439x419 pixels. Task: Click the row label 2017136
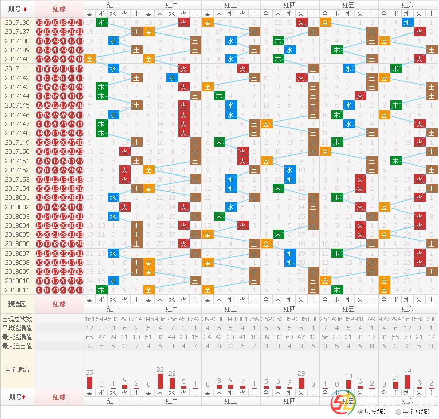[17, 23]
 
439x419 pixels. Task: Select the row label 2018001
[17, 198]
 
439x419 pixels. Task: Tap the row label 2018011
[17, 290]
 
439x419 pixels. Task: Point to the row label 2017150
[17, 152]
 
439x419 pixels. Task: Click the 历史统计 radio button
[361, 412]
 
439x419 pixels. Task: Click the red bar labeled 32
[160, 381]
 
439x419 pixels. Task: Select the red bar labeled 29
[407, 382]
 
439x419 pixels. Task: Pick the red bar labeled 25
[90, 382]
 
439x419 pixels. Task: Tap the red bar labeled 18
[348, 384]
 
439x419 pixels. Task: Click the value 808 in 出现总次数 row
[313, 319]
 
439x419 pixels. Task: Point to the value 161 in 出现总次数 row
[90, 319]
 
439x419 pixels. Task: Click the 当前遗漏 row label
[17, 370]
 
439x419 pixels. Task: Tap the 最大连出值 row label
[17, 346]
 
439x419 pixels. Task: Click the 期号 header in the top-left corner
[17, 9]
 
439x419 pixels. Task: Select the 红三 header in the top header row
[231, 4]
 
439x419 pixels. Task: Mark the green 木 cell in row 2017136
[102, 22]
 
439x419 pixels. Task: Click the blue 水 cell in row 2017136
[407, 22]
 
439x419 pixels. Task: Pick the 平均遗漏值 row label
[17, 328]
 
